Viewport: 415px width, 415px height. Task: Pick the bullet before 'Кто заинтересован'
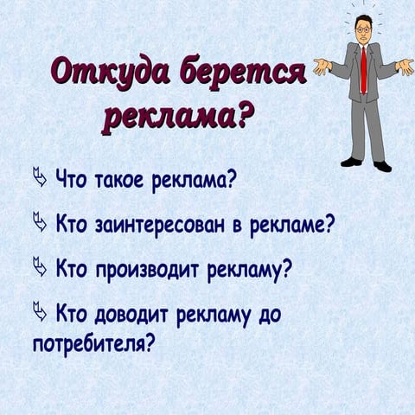(40, 225)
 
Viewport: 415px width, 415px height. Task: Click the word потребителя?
(93, 345)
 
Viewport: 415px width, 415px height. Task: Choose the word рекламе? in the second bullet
(290, 227)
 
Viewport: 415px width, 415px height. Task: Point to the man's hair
(363, 19)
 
